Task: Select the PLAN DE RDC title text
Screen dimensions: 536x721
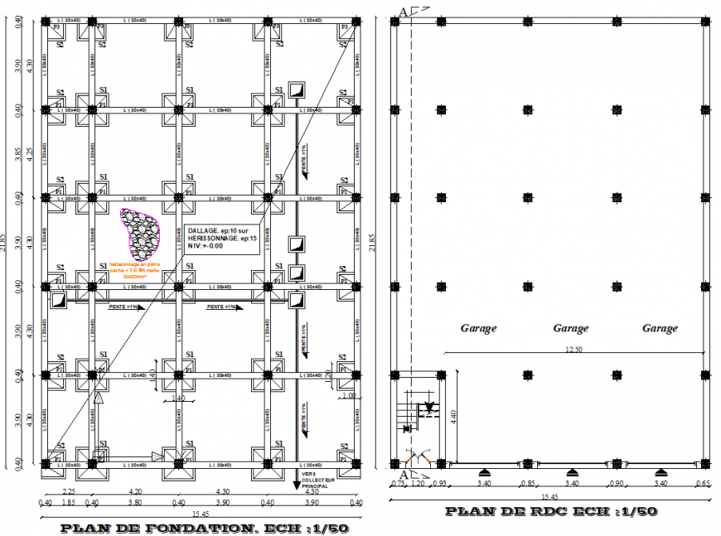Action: pyautogui.click(x=552, y=511)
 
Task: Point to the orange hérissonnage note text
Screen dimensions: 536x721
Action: pyautogui.click(x=133, y=270)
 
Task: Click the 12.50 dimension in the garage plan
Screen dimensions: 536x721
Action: pyautogui.click(x=573, y=350)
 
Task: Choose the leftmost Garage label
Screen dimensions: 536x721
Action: pyautogui.click(x=478, y=328)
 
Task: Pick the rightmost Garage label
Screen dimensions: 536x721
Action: pyautogui.click(x=660, y=328)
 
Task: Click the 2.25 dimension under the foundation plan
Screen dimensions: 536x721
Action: pyautogui.click(x=69, y=491)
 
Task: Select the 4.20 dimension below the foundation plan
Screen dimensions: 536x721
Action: pyautogui.click(x=134, y=491)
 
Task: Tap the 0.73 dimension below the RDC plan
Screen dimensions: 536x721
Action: pyautogui.click(x=399, y=483)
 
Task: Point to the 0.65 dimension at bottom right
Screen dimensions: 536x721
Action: pyautogui.click(x=704, y=483)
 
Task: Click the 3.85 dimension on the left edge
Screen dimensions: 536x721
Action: pyautogui.click(x=18, y=153)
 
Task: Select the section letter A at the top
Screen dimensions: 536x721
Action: pyautogui.click(x=403, y=11)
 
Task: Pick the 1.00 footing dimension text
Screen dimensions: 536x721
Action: pyautogui.click(x=349, y=396)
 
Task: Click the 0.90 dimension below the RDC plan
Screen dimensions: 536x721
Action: pyautogui.click(x=616, y=483)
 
